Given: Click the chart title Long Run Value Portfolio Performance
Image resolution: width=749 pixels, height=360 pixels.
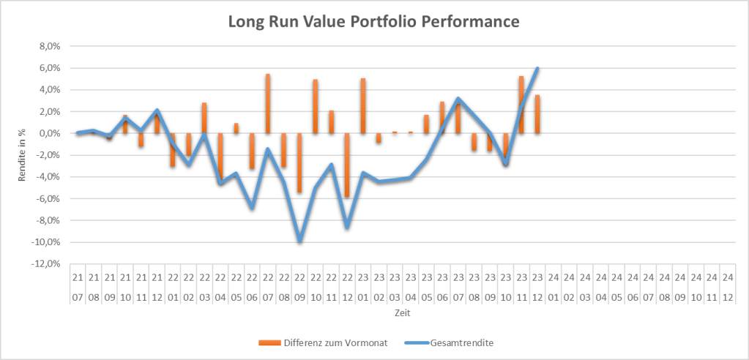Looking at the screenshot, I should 373,23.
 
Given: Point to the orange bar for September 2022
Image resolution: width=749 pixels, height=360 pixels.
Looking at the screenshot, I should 299,162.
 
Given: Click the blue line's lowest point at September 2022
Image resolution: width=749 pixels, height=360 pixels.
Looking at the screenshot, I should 299,241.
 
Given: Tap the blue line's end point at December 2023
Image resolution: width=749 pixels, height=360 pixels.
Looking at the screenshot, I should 537,68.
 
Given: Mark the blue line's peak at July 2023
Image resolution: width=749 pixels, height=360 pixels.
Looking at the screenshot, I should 458,99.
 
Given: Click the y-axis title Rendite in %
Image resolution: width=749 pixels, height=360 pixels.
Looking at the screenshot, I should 23,154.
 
